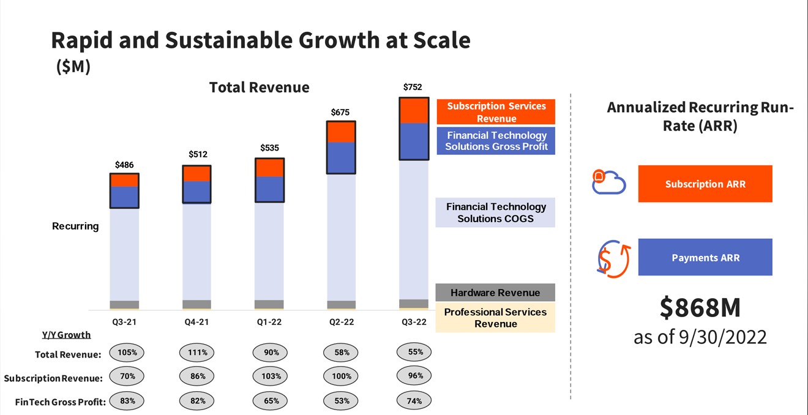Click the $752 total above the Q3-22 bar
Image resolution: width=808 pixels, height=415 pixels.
413,88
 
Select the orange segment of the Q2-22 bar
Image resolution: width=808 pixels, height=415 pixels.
342,132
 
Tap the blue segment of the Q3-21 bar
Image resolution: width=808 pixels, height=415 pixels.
124,197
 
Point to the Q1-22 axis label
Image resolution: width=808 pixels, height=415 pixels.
270,322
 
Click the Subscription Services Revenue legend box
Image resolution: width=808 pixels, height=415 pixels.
496,112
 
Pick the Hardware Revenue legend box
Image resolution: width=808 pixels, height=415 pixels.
495,293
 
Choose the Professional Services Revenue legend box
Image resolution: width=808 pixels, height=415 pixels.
495,318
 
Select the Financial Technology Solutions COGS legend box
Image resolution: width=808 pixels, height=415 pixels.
495,212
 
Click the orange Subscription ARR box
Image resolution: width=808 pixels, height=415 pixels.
705,184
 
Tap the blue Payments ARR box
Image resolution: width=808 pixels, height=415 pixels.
705,257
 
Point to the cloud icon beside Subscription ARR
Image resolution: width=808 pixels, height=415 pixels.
608,182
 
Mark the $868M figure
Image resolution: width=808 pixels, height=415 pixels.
700,308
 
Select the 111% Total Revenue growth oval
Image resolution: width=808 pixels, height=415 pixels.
197,353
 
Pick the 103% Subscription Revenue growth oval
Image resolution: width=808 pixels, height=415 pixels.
271,376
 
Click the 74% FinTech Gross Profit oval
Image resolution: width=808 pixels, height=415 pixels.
414,401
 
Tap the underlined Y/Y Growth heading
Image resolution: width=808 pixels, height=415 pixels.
66,335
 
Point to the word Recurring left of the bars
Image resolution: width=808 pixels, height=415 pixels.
75,226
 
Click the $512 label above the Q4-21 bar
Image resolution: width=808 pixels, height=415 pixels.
198,154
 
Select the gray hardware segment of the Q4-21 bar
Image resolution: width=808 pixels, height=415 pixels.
196,304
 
